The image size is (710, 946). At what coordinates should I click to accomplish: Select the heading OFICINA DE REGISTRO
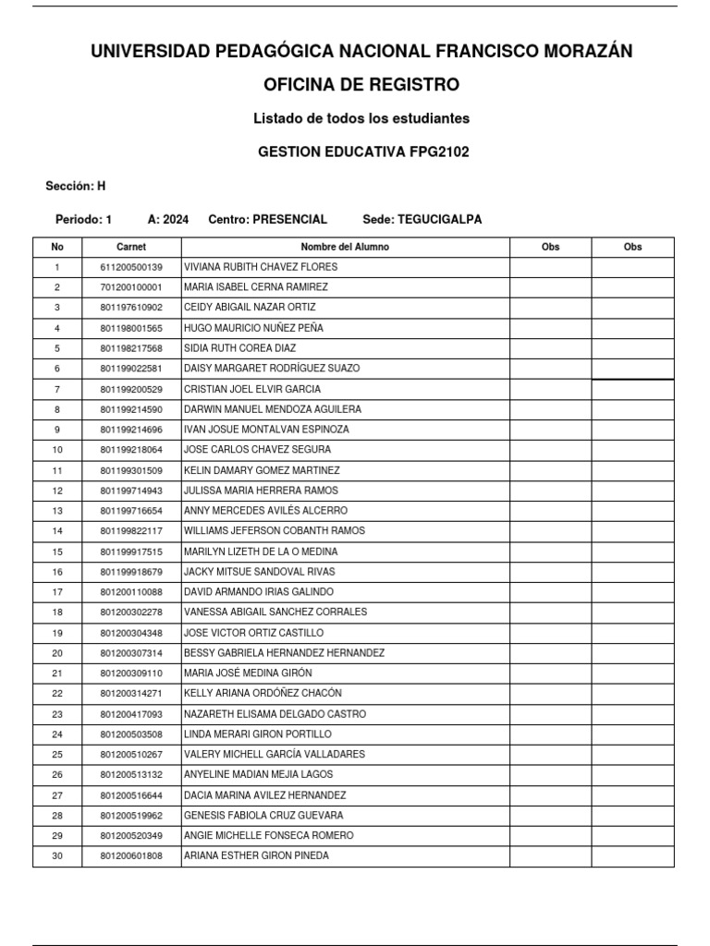pos(361,85)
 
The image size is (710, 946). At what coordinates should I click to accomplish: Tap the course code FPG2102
pos(439,152)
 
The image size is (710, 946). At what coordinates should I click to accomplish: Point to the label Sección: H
pos(76,187)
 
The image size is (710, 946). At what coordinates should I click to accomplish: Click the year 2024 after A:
pos(176,220)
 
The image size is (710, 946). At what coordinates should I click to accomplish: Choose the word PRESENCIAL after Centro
pos(289,220)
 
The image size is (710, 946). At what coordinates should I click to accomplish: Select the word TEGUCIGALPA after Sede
pos(438,220)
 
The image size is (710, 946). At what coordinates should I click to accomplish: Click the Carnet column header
pos(131,248)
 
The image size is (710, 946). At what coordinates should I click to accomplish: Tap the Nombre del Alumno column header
pos(345,248)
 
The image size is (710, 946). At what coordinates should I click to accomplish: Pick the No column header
pos(57,248)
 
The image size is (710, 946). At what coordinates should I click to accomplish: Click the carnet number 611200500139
pos(131,267)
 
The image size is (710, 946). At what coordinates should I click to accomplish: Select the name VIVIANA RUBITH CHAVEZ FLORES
pos(261,267)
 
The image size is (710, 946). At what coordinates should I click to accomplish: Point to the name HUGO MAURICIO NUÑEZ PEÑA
pos(253,328)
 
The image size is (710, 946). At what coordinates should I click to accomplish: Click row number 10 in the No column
pos(57,450)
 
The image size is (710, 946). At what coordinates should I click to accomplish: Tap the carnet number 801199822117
pos(131,531)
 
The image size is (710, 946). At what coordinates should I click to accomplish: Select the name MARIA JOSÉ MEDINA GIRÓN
pos(248,673)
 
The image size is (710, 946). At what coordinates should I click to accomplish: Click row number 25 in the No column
pos(57,755)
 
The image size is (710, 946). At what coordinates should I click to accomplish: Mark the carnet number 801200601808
pos(131,856)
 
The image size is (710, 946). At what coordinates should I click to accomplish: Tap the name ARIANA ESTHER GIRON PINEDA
pos(256,856)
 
